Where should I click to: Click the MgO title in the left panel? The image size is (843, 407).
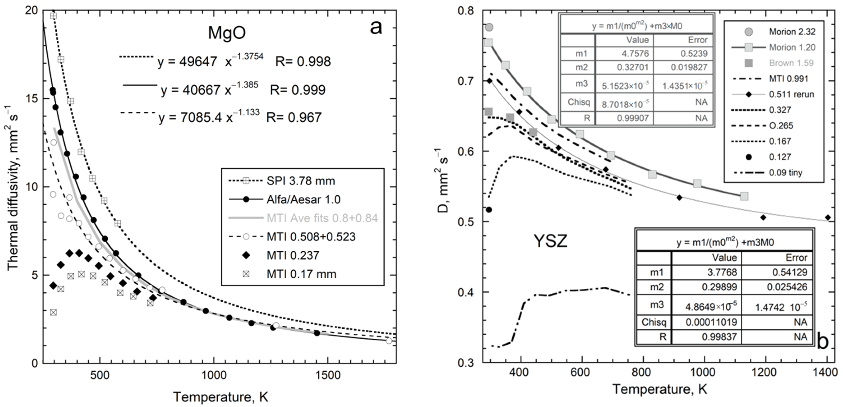coord(227,33)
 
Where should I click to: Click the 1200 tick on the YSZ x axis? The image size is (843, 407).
coord(765,373)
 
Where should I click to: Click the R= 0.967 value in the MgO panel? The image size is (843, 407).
coord(294,117)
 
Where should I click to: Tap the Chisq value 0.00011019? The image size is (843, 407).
coord(712,322)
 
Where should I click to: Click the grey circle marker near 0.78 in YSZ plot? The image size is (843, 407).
coord(489,27)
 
